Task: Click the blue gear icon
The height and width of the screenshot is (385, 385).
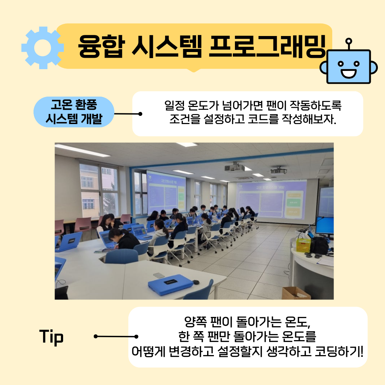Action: point(43,48)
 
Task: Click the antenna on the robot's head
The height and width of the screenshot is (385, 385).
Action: point(348,44)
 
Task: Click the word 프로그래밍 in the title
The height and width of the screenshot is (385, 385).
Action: point(267,46)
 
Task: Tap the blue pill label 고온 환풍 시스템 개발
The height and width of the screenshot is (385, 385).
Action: point(74,112)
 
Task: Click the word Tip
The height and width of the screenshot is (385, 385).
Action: point(51,337)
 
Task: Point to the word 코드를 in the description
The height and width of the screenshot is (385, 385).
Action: point(263,119)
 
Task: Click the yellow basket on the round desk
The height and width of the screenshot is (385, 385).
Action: point(303,245)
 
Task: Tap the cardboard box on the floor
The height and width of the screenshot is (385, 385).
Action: point(296,293)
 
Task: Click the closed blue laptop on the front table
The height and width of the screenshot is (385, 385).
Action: point(170,284)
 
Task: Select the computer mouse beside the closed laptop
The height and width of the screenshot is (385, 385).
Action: point(196,282)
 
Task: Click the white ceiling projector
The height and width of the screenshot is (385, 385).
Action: point(235,168)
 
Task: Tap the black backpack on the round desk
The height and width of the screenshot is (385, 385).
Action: point(320,246)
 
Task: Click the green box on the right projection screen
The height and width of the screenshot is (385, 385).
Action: point(293,202)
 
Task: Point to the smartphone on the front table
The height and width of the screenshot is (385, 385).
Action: point(159,275)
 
